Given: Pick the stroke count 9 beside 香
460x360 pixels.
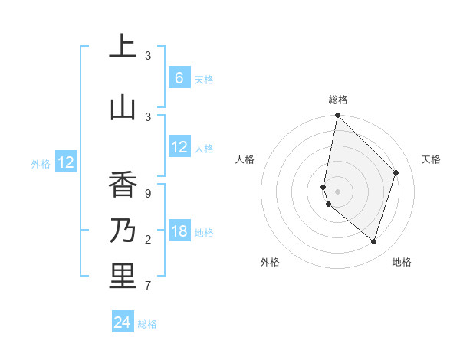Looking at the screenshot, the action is (148, 194).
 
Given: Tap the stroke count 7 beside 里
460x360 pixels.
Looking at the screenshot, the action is (148, 286).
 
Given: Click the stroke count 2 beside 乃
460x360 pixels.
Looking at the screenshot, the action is (148, 240).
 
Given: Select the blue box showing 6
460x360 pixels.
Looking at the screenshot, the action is (179, 78).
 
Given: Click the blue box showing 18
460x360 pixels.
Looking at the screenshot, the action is (179, 231).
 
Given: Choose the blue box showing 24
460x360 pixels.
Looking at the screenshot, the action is (123, 322).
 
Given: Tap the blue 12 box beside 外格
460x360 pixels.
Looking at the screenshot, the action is (66, 162).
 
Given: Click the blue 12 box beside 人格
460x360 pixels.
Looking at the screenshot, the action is (179, 147).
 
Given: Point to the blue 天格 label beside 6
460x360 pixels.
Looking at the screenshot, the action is (204, 80).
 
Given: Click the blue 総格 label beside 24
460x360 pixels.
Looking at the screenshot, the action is (147, 324).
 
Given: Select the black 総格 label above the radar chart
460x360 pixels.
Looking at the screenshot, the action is (338, 100).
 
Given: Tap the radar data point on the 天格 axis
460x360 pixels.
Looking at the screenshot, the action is (396, 172).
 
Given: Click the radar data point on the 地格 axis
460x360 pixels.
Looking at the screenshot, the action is (373, 241).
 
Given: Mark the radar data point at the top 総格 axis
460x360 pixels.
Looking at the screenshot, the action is (337, 115).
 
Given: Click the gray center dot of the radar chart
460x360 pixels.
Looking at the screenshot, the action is (337, 191).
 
